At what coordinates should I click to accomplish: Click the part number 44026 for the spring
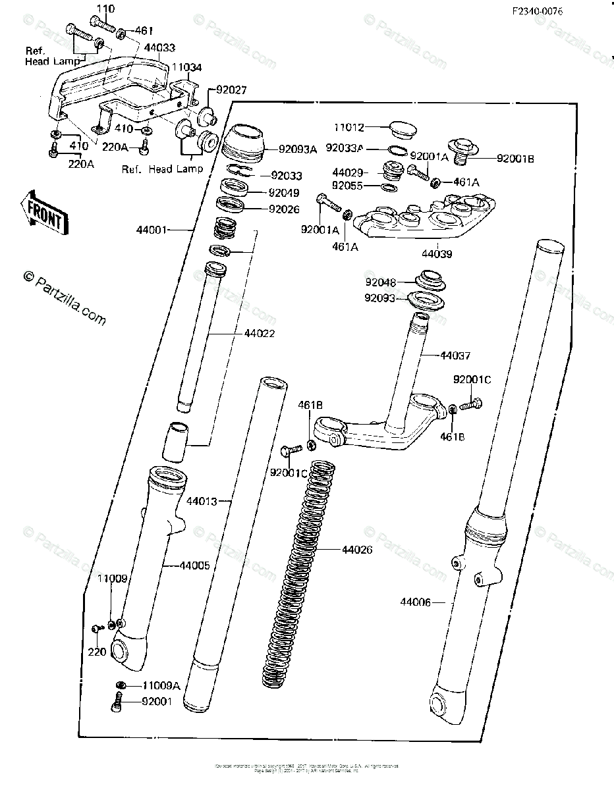[x=357, y=549]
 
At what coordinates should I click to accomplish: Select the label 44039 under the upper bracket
[x=437, y=253]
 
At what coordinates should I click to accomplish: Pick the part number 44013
[x=202, y=502]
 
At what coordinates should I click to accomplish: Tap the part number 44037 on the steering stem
[x=455, y=355]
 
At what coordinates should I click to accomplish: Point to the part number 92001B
[x=515, y=158]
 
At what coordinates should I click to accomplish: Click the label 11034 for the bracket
[x=187, y=67]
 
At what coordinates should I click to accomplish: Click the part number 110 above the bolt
[x=105, y=9]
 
